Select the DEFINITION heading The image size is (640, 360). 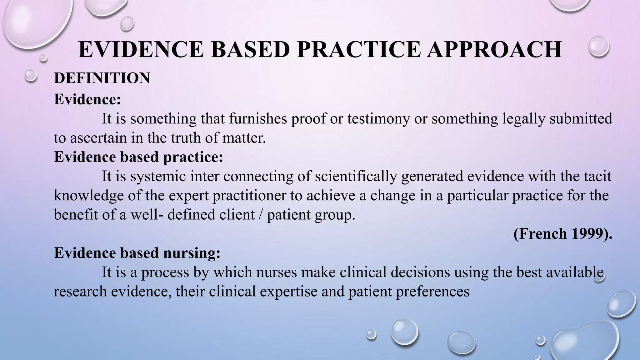click(102, 78)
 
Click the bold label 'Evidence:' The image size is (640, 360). click(87, 99)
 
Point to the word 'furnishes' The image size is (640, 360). click(257, 119)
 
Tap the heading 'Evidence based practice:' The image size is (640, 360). click(138, 157)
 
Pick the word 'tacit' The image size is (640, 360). click(597, 177)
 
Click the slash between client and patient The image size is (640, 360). click(261, 215)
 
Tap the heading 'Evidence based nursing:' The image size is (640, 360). click(137, 253)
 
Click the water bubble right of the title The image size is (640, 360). click(598, 47)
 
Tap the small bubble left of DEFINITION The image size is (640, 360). click(31, 76)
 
